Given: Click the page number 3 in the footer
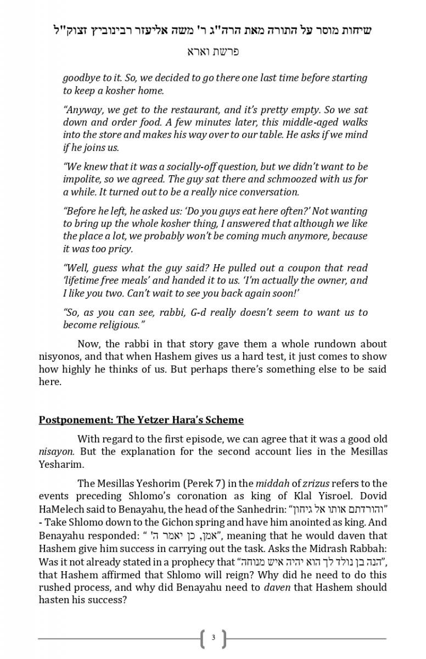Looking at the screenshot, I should click(x=213, y=638).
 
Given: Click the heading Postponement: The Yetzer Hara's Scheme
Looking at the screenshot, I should click(x=141, y=420).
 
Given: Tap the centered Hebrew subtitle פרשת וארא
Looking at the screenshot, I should click(x=213, y=52).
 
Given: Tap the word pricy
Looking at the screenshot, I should click(x=119, y=249).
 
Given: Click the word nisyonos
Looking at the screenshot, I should click(x=60, y=356).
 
